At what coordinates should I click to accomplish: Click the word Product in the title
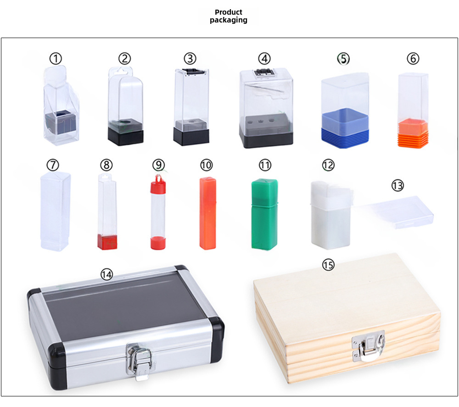[x=228, y=12]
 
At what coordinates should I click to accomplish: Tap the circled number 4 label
[x=264, y=59]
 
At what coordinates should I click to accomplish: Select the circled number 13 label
[x=397, y=185]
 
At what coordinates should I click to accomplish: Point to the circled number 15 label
[x=328, y=265]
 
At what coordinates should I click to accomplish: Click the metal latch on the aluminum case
[x=139, y=361]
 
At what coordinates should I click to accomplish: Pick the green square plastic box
[x=264, y=214]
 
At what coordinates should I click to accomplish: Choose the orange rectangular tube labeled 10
[x=208, y=213]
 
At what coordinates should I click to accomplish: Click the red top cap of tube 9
[x=158, y=183]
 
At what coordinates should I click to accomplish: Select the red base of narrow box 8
[x=107, y=242]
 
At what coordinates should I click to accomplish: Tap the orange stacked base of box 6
[x=413, y=133]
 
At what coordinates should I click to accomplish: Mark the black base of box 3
[x=191, y=137]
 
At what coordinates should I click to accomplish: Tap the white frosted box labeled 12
[x=330, y=215]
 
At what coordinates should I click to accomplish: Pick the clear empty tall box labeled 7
[x=56, y=211]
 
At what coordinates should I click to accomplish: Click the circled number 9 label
[x=159, y=165]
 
